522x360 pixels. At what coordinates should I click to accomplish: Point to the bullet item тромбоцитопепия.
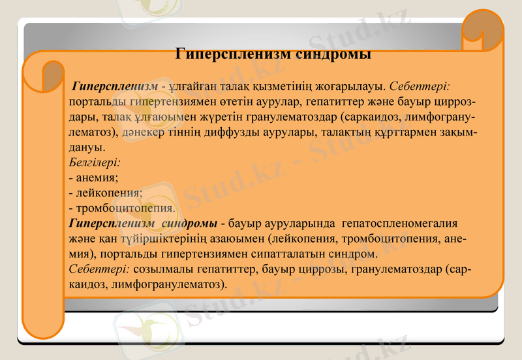tap(121, 209)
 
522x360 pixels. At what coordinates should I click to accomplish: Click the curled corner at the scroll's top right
tap(483, 29)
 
